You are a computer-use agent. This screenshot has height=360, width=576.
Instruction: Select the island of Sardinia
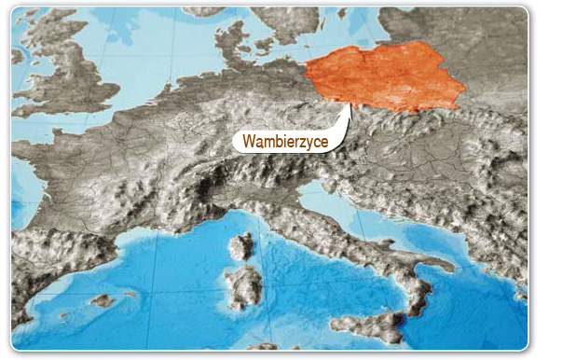(244, 286)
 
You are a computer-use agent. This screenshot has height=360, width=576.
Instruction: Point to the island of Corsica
(242, 247)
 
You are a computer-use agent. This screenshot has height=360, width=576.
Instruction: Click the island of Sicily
(368, 326)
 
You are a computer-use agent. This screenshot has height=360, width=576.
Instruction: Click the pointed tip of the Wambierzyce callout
(350, 104)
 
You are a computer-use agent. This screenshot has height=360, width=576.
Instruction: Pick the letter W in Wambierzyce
(249, 142)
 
